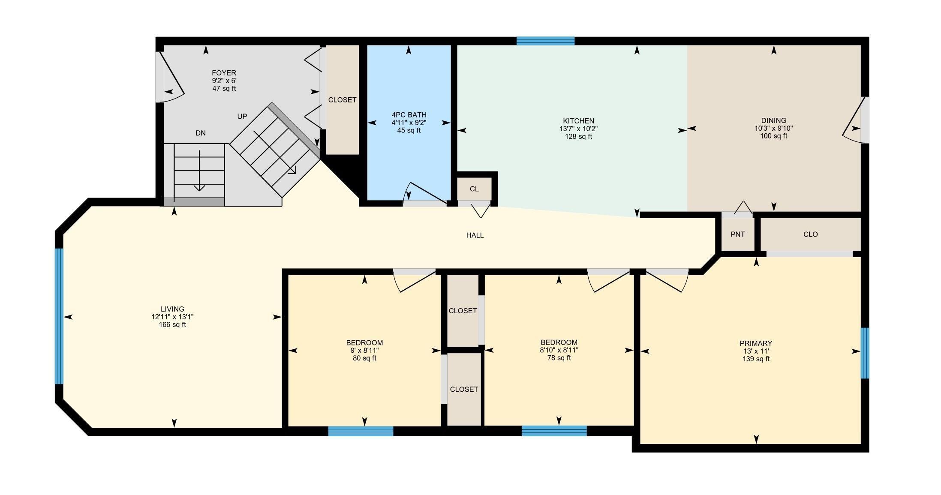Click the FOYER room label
[x=224, y=73]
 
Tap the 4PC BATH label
[x=409, y=115]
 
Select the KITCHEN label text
[x=578, y=121]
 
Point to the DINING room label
[x=774, y=120]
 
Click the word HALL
[x=475, y=235]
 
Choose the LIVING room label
[x=172, y=309]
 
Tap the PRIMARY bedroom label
[x=756, y=343]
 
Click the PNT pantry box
[x=738, y=234]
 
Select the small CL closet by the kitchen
[x=474, y=189]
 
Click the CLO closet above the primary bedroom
[x=810, y=234]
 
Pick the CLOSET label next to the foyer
[x=342, y=100]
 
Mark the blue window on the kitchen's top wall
[x=545, y=41]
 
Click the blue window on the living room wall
[x=59, y=316]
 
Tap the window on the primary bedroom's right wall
[x=865, y=353]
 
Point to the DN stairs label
[x=201, y=133]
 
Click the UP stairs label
[x=242, y=117]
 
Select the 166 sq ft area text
[x=172, y=324]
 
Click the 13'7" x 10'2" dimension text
[x=578, y=129]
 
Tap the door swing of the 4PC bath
[x=426, y=193]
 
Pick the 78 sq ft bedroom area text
[x=559, y=358]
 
